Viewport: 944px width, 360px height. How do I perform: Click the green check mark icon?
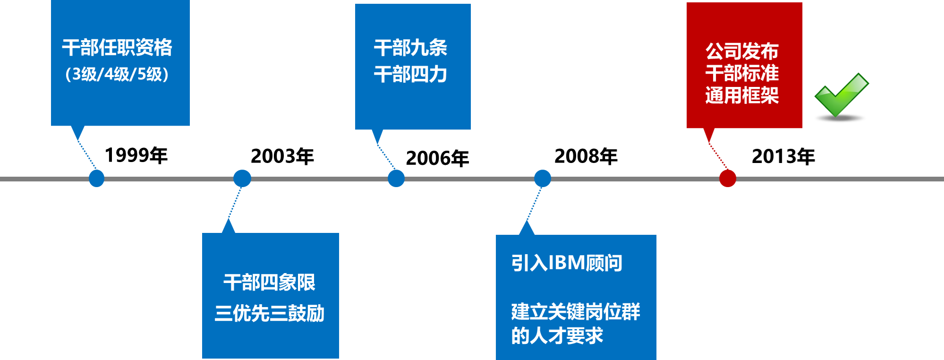[841, 94]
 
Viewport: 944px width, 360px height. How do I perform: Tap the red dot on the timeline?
[728, 179]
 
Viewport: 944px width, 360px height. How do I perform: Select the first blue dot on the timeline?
[96, 179]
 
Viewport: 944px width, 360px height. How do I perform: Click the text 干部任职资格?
[117, 48]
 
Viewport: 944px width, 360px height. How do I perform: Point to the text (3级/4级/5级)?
[117, 74]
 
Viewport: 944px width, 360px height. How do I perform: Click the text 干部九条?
[410, 48]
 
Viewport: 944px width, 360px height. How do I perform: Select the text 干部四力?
[410, 74]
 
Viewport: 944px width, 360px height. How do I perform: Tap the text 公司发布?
[742, 51]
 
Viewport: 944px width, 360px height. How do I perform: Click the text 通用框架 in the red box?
[742, 95]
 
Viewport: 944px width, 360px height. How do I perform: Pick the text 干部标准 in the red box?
[742, 73]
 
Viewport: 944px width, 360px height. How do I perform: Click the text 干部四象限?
[269, 283]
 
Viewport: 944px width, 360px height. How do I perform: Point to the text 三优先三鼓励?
[269, 313]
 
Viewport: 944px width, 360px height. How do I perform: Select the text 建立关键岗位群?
[575, 312]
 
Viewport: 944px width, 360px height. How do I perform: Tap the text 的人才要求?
[557, 336]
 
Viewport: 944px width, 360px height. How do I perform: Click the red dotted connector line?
[718, 155]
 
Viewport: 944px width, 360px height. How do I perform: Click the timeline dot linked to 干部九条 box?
[396, 179]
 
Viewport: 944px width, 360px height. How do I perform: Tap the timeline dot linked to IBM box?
[543, 179]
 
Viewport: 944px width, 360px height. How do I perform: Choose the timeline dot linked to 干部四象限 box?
[242, 179]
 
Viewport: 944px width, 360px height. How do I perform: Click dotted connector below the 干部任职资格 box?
[87, 154]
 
